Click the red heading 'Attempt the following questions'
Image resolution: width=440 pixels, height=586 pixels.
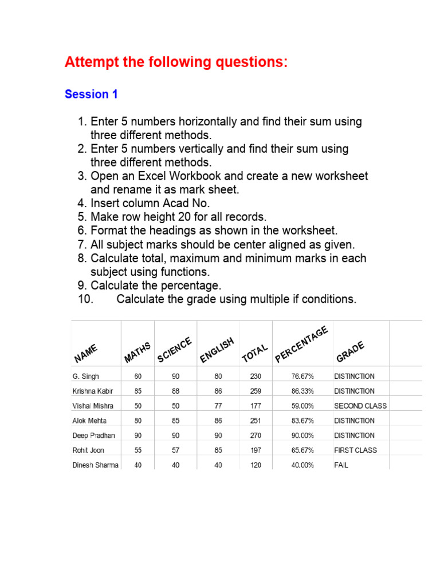[x=176, y=62]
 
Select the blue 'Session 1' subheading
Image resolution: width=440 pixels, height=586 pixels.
[x=91, y=94]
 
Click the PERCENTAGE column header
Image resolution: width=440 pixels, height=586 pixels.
[x=302, y=345]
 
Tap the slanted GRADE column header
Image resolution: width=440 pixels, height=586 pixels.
[x=351, y=351]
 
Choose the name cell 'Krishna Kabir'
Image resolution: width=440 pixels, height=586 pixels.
[x=93, y=391]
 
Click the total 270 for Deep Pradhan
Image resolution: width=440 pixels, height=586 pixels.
[x=256, y=435]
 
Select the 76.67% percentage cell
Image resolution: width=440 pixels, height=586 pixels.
[x=302, y=377]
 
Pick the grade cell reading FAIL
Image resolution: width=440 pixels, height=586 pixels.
[x=341, y=465]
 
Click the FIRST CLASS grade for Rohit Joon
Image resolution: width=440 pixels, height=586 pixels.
[x=355, y=450]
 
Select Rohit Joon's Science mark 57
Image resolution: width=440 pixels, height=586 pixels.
[x=175, y=450]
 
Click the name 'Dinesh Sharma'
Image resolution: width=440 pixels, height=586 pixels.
[x=95, y=465]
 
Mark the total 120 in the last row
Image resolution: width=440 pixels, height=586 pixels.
[x=256, y=465]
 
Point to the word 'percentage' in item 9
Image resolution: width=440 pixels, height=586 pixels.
[x=190, y=286]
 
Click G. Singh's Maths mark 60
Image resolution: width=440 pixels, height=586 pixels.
[x=138, y=377]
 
